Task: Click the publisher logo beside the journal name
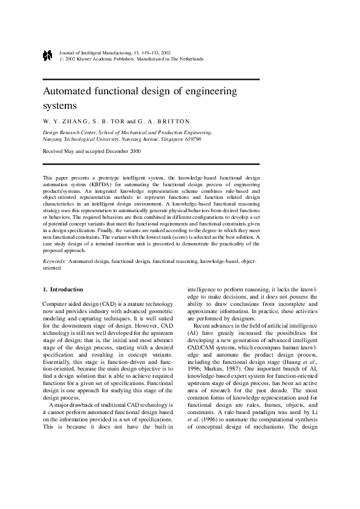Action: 48,56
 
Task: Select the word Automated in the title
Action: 71,91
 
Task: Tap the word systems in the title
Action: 60,106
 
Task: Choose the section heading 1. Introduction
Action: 63,290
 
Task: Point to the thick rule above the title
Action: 151,80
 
